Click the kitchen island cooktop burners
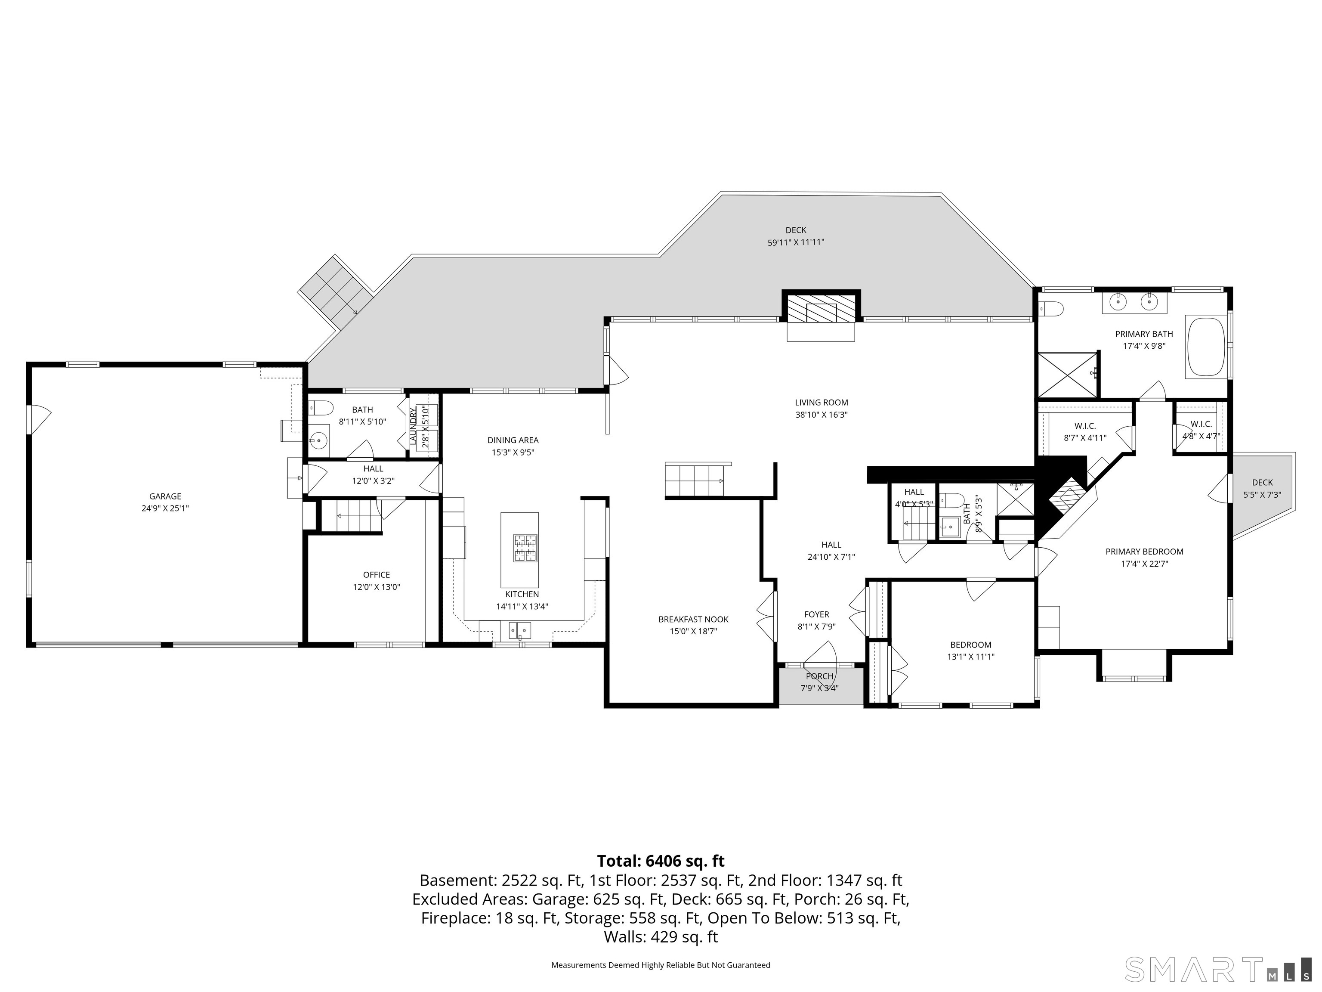(525, 548)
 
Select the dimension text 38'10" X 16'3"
(821, 414)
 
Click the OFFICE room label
(376, 575)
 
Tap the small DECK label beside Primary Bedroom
(1262, 483)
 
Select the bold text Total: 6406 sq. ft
(661, 861)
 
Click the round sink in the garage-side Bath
(318, 441)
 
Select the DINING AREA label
(513, 440)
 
